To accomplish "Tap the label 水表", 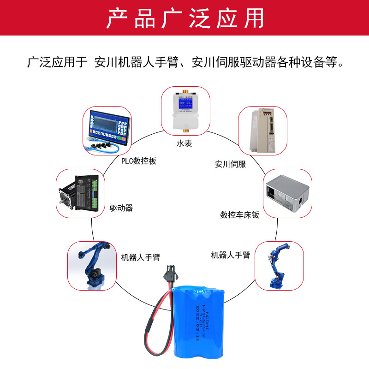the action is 184,143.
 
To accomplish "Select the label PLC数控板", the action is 139,161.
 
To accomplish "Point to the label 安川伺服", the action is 230,164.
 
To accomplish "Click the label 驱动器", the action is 121,208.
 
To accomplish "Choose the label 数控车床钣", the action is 239,215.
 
